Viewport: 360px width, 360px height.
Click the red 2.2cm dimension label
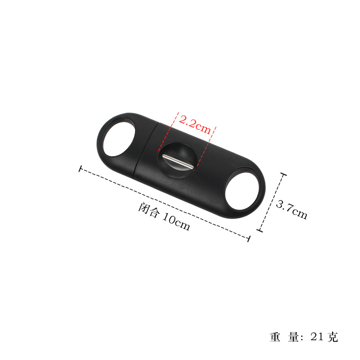pos(195,125)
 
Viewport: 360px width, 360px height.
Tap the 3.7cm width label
pos(291,210)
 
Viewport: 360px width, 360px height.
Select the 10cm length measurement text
pos(176,222)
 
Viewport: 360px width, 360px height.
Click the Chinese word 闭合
pos(148,210)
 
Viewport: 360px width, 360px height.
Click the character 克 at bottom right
pos(333,337)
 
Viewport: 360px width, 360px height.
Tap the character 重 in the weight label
pos(275,337)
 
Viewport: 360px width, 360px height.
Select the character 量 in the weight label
pos(293,337)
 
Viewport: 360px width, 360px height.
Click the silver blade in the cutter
pos(179,161)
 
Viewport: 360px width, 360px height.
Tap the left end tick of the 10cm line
pos(80,169)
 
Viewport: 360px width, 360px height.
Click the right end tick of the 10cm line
pos(249,238)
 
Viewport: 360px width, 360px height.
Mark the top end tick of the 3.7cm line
pos(284,174)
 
